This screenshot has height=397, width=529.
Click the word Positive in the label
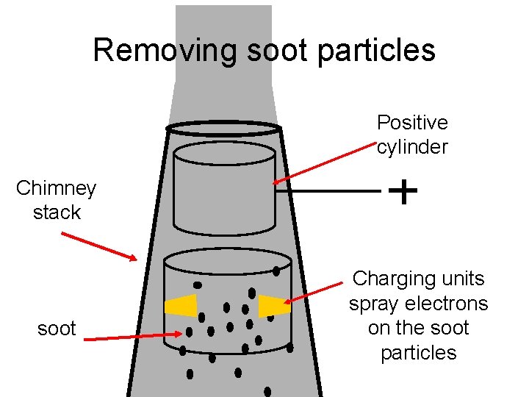[412, 122]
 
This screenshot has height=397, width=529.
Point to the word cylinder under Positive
[412, 146]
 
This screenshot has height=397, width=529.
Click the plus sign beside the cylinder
[403, 192]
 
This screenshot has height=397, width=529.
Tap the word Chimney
[56, 188]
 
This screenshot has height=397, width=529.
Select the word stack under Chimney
[57, 212]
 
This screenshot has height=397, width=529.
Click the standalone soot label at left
[57, 328]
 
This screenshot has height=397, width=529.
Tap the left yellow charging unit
[181, 306]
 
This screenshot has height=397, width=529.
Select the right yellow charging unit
[274, 306]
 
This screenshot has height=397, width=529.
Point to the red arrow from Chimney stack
[98, 246]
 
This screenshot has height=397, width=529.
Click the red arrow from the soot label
[132, 337]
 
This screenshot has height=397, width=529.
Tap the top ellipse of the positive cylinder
[224, 153]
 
